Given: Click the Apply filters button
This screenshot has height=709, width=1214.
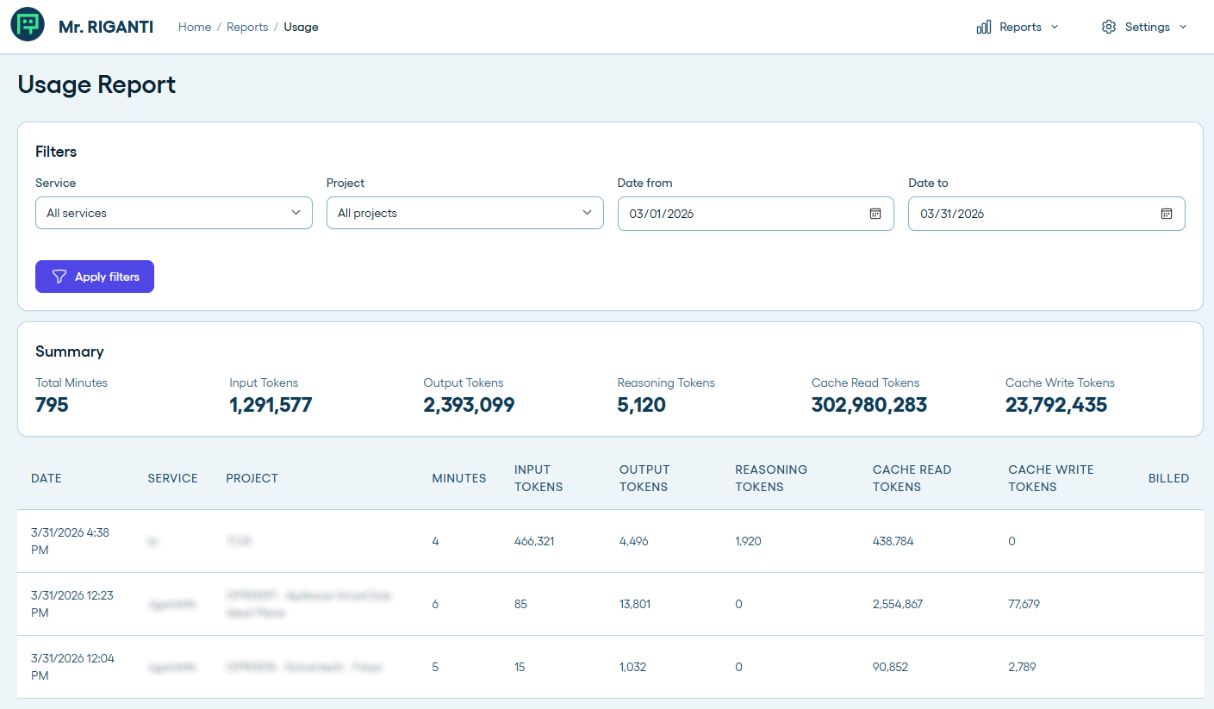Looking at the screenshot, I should point(95,277).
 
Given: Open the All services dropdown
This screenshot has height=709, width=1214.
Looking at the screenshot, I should point(173,213).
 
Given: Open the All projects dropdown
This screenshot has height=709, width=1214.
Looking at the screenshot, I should point(464,213).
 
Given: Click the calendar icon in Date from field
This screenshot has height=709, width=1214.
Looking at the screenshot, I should point(875,214).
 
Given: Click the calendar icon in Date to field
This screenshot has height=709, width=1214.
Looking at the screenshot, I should point(1167,214).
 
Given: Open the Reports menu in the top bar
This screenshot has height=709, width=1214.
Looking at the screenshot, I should point(1018,27).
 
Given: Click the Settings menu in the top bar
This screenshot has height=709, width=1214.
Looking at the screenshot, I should point(1144,27).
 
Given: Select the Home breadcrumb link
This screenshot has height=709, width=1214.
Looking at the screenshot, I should point(195,27).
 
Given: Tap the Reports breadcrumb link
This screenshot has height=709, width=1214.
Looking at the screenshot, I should point(247,27).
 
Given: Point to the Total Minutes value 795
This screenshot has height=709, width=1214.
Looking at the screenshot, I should point(52,405).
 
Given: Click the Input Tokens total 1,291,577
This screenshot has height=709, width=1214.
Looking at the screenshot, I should point(271,405).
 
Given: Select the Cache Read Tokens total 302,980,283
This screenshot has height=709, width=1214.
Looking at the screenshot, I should point(868,405).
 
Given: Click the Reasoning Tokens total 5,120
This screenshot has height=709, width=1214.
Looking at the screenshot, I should point(641,405).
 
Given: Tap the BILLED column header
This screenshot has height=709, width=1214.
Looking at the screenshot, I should point(1168,478).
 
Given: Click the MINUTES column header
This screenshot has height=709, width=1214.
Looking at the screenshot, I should point(458,478).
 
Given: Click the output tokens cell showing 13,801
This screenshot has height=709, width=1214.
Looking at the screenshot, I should point(635,604).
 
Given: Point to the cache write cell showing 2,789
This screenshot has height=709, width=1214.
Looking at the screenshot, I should point(1022,667).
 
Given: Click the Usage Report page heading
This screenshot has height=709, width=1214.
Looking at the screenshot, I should point(96,84).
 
